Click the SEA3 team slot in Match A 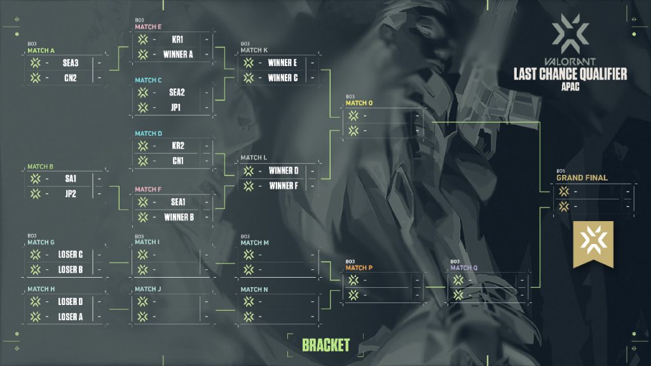coord(70,63)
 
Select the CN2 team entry coord(70,78)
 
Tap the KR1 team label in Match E coord(177,39)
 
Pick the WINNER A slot coord(177,54)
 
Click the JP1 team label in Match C coord(176,107)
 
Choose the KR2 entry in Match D coord(177,146)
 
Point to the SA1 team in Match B coord(70,179)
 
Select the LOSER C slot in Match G coord(70,255)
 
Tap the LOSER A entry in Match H coord(70,316)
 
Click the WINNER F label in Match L coord(283,186)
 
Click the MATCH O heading coord(359,103)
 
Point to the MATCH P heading coord(359,268)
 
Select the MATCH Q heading coord(464,268)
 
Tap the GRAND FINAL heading coord(582,177)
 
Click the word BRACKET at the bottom coord(325,345)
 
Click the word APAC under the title coord(570,86)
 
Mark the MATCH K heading coord(254,50)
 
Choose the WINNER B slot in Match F coord(177,217)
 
